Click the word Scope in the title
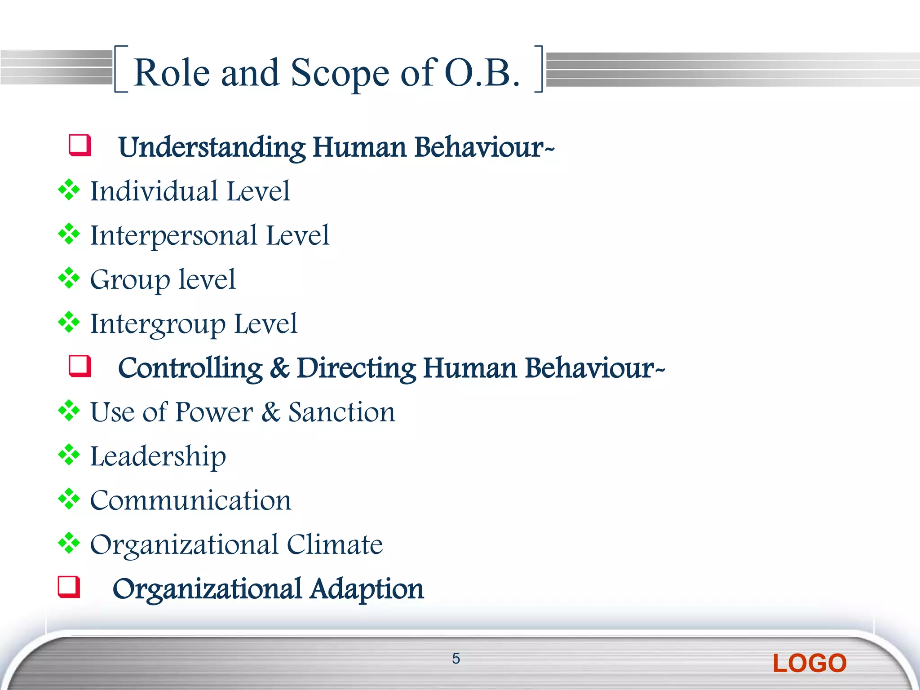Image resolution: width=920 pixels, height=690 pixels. (x=340, y=73)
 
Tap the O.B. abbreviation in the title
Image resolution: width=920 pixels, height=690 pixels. (x=482, y=73)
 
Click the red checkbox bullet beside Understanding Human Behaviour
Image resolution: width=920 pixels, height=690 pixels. (x=80, y=145)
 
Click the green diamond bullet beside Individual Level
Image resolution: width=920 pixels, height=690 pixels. (x=69, y=190)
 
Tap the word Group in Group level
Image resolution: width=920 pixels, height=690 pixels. (x=130, y=280)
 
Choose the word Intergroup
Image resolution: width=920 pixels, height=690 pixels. (x=158, y=324)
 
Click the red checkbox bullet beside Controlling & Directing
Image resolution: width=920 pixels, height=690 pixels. (x=80, y=366)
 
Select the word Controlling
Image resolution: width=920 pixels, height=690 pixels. (x=190, y=368)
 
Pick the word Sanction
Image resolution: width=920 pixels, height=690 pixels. (x=342, y=412)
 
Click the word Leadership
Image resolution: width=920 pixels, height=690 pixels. (x=158, y=457)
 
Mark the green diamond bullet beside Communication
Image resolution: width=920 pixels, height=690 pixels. (x=69, y=499)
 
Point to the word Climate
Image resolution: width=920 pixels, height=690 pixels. (x=335, y=544)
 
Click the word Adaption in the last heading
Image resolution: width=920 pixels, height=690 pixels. (x=367, y=589)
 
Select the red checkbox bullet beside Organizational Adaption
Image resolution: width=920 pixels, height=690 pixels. (x=69, y=587)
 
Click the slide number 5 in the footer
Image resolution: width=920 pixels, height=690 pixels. (x=456, y=659)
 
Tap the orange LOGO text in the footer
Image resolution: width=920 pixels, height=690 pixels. (x=809, y=663)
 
